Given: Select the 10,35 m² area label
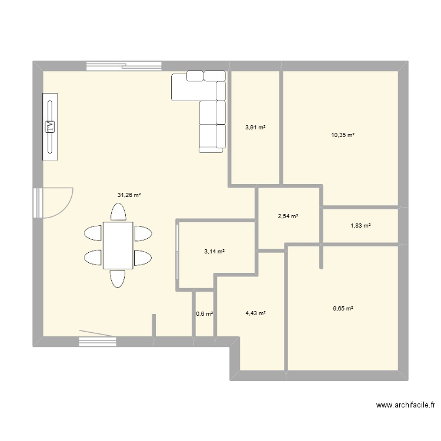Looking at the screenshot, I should [x=342, y=135].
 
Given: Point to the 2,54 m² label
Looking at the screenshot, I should [x=288, y=216].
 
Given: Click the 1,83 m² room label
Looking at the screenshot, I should [x=360, y=225].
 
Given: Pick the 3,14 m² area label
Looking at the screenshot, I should [x=215, y=252].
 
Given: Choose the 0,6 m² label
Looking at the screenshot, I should [x=204, y=314].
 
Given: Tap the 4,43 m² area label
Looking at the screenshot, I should [x=256, y=314].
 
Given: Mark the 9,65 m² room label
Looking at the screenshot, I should [x=342, y=308].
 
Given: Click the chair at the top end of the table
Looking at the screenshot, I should [x=118, y=212].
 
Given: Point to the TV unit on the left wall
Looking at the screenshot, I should [x=50, y=125].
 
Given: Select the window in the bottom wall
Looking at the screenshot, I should [x=97, y=340].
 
